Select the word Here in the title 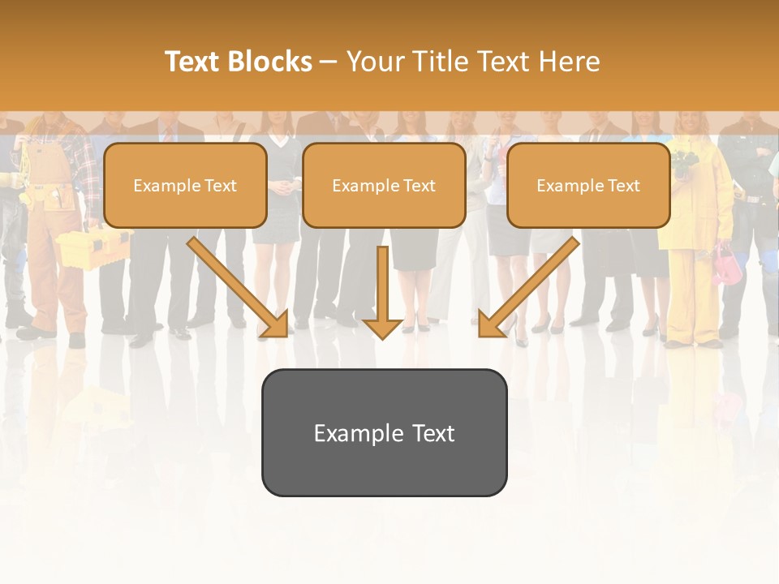click(571, 62)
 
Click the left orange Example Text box click(185, 185)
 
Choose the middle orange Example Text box click(384, 185)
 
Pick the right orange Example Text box click(588, 185)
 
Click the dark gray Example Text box click(384, 432)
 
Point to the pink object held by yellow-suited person click(722, 264)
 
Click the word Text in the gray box click(433, 433)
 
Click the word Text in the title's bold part click(193, 62)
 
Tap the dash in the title click(329, 62)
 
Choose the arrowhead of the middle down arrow click(382, 328)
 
